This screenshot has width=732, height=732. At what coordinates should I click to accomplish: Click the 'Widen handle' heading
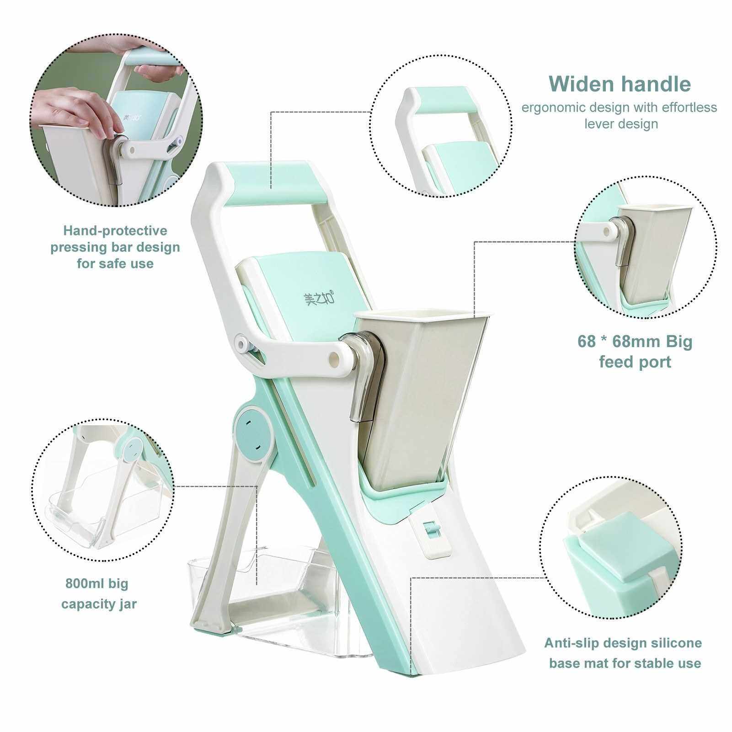pos(620,84)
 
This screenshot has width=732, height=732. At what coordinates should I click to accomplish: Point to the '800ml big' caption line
pos(96,584)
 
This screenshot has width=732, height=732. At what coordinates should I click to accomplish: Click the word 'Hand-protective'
pos(115,230)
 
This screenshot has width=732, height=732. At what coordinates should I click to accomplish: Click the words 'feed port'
pos(635,362)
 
